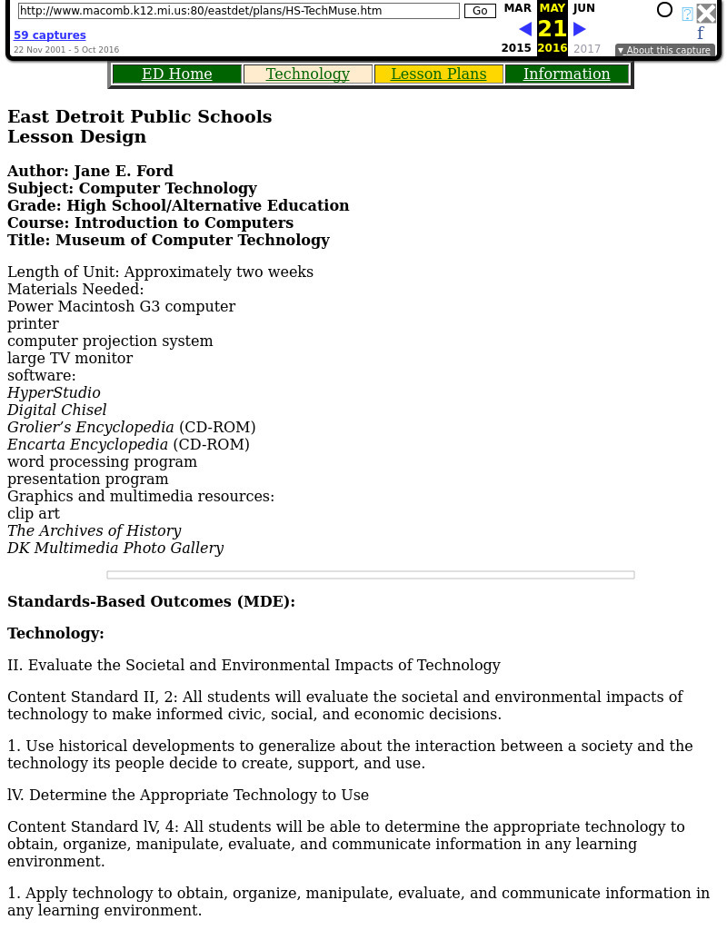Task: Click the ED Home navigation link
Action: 176,74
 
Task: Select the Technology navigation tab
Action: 307,74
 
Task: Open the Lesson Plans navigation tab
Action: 438,74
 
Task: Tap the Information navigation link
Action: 566,74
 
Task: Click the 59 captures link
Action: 50,35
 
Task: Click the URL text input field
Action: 238,11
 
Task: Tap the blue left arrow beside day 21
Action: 525,29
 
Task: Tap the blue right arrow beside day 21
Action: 580,29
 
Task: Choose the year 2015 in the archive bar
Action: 516,48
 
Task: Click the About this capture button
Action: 664,51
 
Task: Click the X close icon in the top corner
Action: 706,13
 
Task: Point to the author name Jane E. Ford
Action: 124,172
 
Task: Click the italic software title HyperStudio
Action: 54,393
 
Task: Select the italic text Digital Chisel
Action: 56,411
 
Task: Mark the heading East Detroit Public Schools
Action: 139,117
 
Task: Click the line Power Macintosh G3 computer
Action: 121,307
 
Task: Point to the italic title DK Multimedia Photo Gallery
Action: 115,549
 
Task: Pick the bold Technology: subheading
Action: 55,634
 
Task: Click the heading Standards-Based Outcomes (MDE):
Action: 151,602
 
